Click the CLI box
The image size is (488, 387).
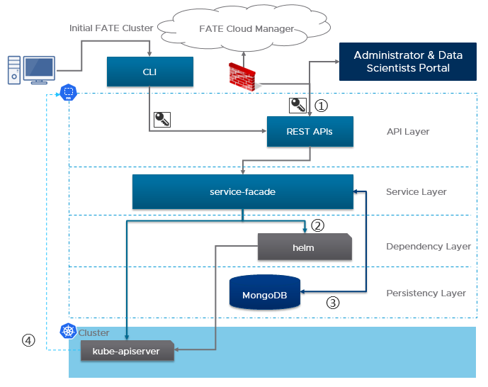click(x=149, y=71)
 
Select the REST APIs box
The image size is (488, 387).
click(x=310, y=132)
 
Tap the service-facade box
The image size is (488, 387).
click(x=242, y=192)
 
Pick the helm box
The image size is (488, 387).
click(x=304, y=247)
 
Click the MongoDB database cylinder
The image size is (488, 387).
click(x=264, y=293)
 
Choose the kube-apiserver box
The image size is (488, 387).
click(x=126, y=350)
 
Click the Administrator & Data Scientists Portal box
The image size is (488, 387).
click(x=408, y=62)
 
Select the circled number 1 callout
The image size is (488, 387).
click(x=322, y=106)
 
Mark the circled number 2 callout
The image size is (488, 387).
click(x=318, y=226)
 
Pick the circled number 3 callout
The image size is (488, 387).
click(x=333, y=303)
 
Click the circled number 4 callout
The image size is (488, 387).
click(x=28, y=340)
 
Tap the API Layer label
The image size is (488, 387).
click(x=408, y=132)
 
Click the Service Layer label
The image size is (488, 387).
click(x=416, y=192)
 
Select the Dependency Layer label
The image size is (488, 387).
click(x=428, y=247)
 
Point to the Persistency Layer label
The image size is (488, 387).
click(x=426, y=293)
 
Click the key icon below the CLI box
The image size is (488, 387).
click(x=162, y=119)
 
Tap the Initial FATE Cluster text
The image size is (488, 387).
click(x=110, y=28)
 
